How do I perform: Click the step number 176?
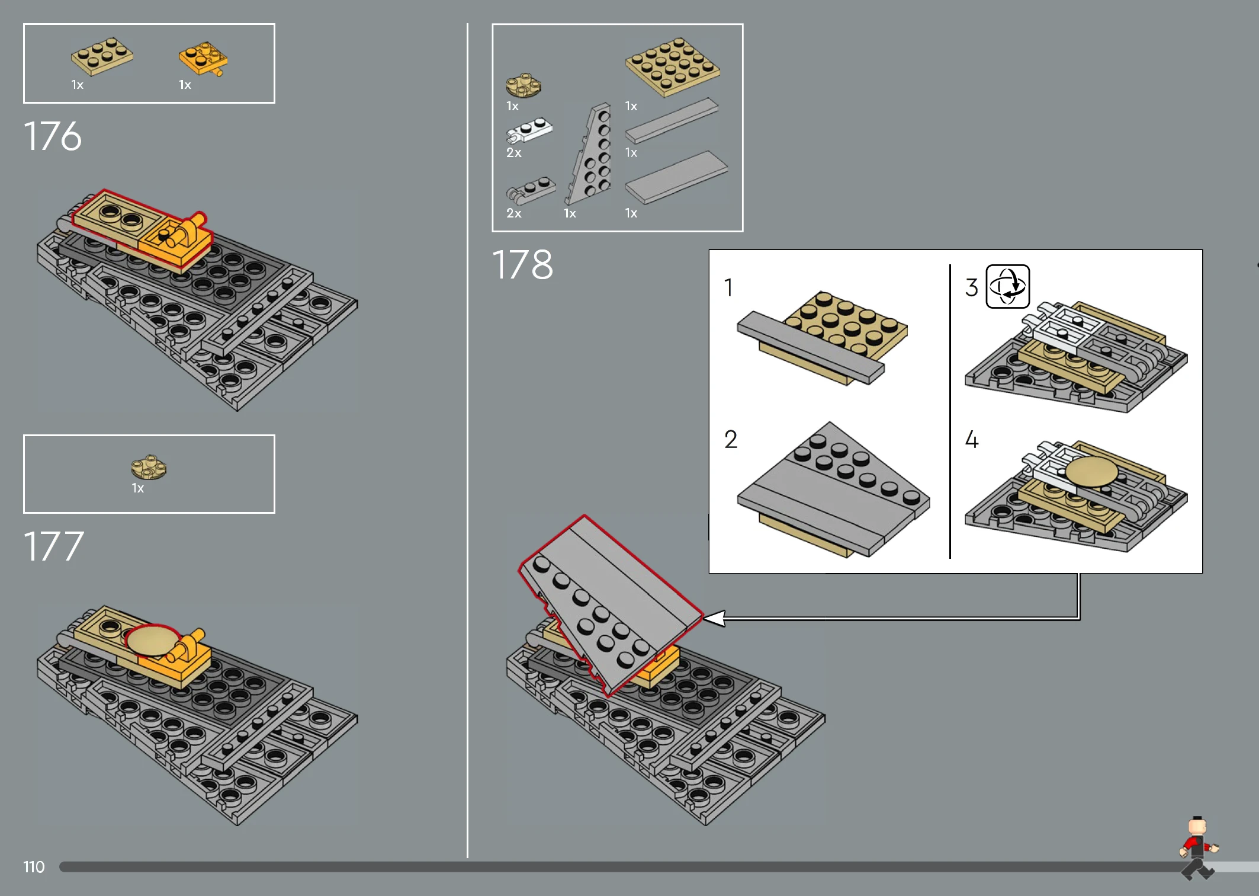click(x=52, y=136)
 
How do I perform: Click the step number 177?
click(x=53, y=546)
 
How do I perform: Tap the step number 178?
click(x=522, y=264)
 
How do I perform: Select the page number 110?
click(x=34, y=867)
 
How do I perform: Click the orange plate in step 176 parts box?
click(x=203, y=58)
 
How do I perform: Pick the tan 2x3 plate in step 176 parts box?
click(x=102, y=56)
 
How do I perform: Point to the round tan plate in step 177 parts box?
click(x=149, y=468)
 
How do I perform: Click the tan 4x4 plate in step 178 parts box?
click(x=672, y=66)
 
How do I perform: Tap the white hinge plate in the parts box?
click(x=529, y=130)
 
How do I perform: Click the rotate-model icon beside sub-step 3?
click(x=1007, y=286)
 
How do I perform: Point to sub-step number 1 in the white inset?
click(x=728, y=287)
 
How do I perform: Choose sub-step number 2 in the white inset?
click(x=731, y=440)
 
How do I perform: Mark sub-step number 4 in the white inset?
click(x=972, y=440)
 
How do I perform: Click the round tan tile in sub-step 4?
click(x=1091, y=472)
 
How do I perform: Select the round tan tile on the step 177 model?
click(x=153, y=641)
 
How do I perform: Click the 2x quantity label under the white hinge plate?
click(x=513, y=153)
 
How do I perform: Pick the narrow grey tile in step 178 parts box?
click(x=672, y=121)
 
